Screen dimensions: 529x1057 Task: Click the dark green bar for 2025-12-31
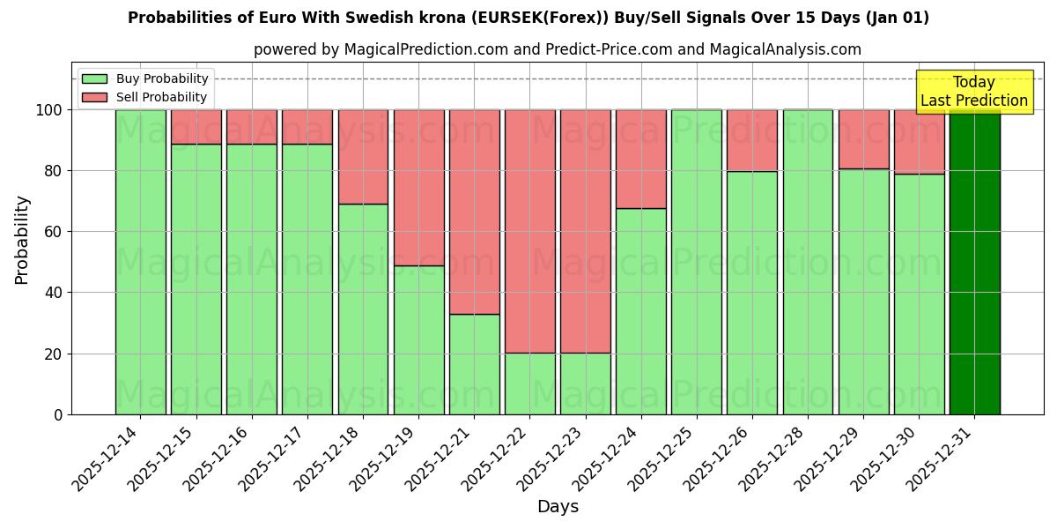click(x=974, y=262)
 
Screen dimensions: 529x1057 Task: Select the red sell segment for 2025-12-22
click(x=529, y=231)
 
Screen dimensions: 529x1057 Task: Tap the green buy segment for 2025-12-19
click(x=418, y=339)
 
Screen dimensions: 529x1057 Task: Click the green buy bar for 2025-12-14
click(x=140, y=262)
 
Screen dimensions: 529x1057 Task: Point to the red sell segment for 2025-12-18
click(x=363, y=157)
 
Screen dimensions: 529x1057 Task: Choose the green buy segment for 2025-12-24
click(x=640, y=311)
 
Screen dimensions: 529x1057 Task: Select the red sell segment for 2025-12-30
click(x=919, y=141)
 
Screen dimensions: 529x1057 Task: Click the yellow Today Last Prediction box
click(x=973, y=92)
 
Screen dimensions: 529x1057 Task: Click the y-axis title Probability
click(x=22, y=239)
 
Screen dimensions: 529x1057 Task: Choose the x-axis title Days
click(x=558, y=507)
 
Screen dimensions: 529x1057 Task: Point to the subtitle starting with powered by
click(x=558, y=49)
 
